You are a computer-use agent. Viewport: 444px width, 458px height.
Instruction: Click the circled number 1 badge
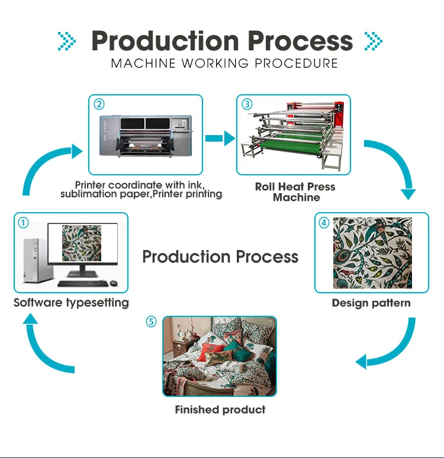coord(23,223)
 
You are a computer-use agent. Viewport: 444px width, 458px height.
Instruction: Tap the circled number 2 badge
coord(99,104)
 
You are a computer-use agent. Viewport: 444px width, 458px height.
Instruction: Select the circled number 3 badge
coord(247,104)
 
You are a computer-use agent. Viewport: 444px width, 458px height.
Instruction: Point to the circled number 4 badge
coord(324,223)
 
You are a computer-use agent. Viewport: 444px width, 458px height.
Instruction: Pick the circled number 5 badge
coord(152,322)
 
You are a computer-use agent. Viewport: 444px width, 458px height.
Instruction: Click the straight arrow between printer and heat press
coord(220,139)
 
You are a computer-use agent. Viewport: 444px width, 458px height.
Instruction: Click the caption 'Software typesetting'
coord(71,303)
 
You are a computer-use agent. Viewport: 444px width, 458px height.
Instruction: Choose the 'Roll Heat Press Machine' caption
coord(295,192)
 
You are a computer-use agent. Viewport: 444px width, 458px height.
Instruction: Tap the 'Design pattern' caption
coord(371,303)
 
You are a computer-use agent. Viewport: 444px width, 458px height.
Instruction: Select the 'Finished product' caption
coord(220,409)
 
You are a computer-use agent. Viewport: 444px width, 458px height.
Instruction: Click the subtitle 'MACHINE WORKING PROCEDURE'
coord(224,63)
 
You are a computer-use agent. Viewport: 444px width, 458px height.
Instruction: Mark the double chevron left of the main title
coord(67,41)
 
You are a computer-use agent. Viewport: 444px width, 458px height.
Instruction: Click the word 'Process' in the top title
coord(300,40)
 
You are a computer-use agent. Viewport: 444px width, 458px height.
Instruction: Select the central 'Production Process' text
coord(220,257)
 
